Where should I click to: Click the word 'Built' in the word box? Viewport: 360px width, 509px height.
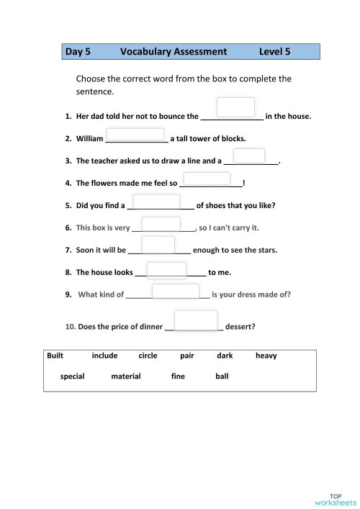click(55, 356)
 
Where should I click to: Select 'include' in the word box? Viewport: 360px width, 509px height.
click(104, 356)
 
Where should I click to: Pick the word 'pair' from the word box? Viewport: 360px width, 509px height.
click(187, 356)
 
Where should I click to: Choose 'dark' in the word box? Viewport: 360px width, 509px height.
click(225, 356)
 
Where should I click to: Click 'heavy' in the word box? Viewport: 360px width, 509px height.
click(266, 356)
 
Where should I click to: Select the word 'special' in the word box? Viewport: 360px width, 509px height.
click(73, 376)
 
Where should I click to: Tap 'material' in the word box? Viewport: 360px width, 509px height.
click(126, 376)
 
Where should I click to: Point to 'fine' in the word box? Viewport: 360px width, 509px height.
click(178, 376)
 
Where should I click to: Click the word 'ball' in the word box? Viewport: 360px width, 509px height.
click(222, 376)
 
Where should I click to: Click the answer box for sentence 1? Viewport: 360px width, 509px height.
click(235, 107)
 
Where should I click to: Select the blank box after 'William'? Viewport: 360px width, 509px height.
click(135, 135)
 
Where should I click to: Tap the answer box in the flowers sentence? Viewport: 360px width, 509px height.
click(207, 179)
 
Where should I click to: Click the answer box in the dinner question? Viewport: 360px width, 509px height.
click(196, 320)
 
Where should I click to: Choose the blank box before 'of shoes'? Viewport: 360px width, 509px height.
click(156, 201)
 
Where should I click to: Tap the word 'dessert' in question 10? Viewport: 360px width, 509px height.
click(240, 327)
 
